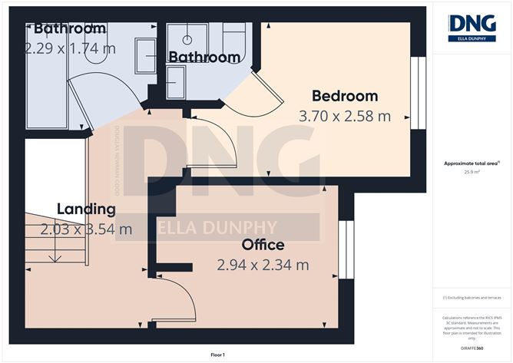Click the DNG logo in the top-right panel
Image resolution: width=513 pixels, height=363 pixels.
[x=472, y=28]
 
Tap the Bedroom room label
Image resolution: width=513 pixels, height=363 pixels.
[x=344, y=96]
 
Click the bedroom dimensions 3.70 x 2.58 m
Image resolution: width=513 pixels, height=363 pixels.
[x=344, y=117]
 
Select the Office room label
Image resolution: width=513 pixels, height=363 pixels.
[x=263, y=246]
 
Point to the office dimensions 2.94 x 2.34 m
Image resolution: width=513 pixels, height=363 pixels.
[x=263, y=266]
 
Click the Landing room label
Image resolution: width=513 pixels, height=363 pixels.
[x=85, y=209]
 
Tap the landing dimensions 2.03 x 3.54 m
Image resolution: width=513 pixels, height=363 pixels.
[x=85, y=229]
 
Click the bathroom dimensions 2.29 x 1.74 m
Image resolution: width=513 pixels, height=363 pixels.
[x=69, y=48]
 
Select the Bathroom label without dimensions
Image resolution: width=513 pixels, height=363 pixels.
[x=204, y=57]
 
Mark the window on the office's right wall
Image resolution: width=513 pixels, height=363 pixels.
[x=343, y=249]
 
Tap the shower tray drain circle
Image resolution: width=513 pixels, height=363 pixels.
[x=187, y=36]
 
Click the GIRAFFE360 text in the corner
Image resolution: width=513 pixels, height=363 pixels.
[x=472, y=348]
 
